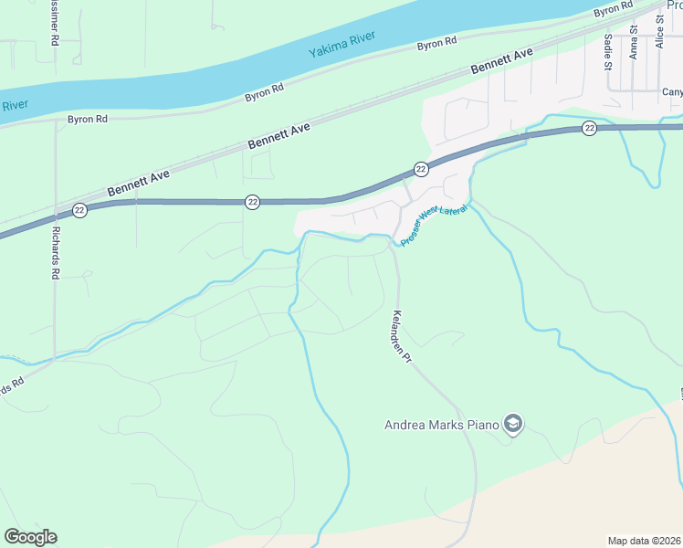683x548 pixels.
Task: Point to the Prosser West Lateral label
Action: click(434, 222)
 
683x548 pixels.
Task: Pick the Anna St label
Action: click(634, 47)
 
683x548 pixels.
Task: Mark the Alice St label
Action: click(659, 48)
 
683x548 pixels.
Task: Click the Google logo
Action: click(30, 537)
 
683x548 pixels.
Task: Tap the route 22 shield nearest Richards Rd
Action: click(80, 210)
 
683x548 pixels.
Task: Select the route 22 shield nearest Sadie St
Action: click(590, 128)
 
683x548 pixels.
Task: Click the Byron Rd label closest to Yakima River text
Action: click(436, 44)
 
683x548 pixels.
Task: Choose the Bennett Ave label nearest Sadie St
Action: click(501, 63)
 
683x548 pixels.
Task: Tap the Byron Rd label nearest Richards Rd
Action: click(88, 120)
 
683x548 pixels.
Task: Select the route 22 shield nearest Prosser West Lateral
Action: click(420, 169)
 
